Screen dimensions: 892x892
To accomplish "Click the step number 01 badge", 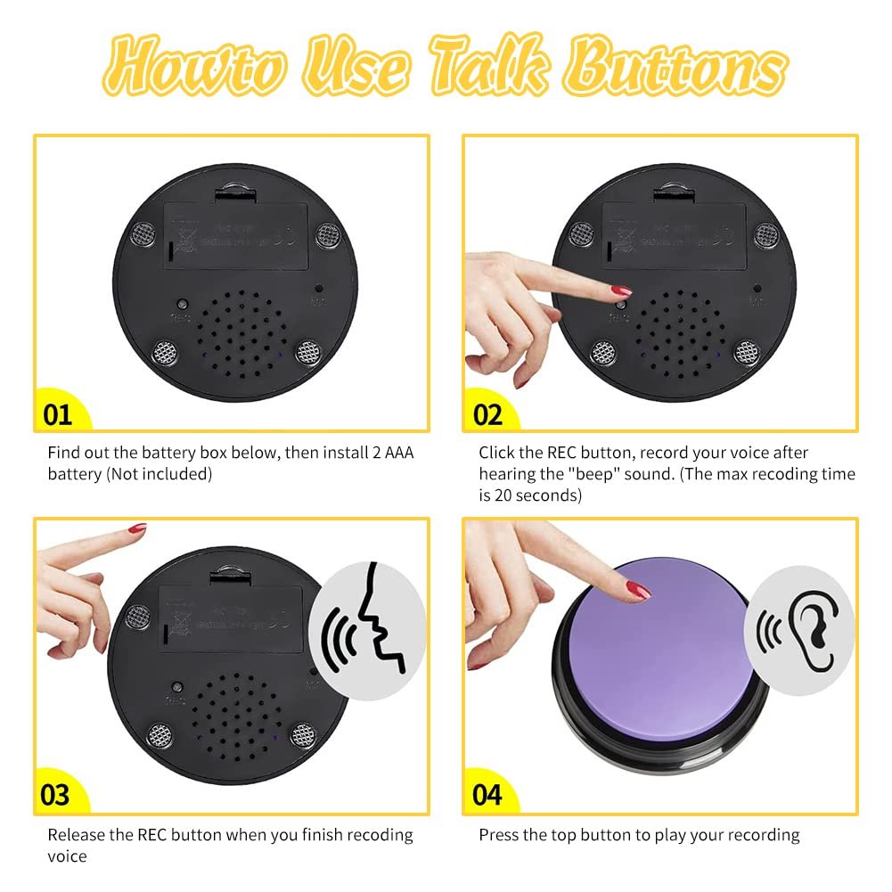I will [57, 414].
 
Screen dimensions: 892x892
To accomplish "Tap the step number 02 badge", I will [487, 414].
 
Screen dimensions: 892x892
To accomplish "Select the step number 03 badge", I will [56, 794].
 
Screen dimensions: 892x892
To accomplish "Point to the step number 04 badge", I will [487, 794].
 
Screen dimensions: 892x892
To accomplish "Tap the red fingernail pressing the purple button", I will [638, 589].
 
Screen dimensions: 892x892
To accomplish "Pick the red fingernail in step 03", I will [135, 529].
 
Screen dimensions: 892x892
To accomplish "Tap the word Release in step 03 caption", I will [76, 835].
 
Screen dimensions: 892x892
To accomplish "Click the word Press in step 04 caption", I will [500, 835].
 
